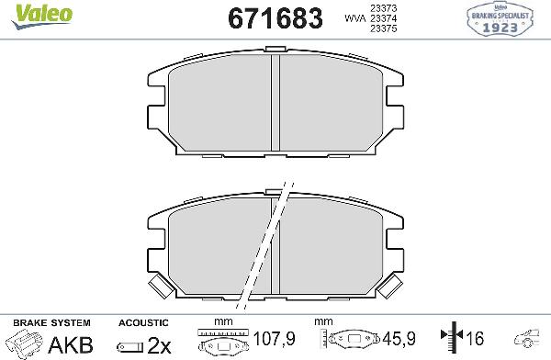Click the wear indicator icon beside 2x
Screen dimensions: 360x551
pos(129,345)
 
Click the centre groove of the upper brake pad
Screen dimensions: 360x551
pos(275,103)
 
